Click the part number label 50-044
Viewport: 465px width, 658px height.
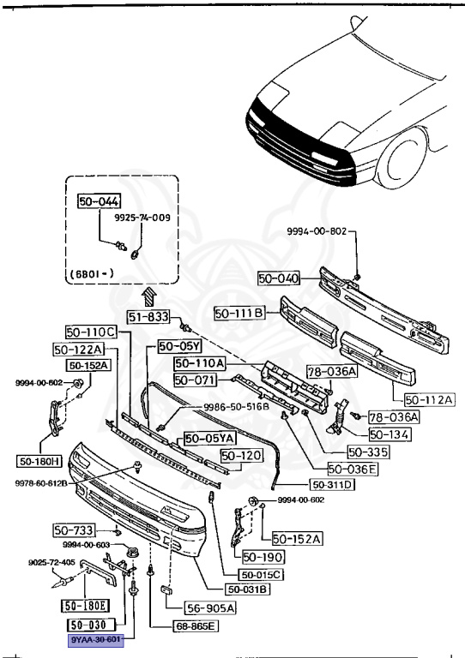click(98, 203)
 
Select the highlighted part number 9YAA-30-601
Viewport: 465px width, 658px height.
click(96, 640)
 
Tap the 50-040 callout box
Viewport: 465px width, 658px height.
click(279, 278)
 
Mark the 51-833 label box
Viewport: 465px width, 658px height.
click(148, 316)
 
